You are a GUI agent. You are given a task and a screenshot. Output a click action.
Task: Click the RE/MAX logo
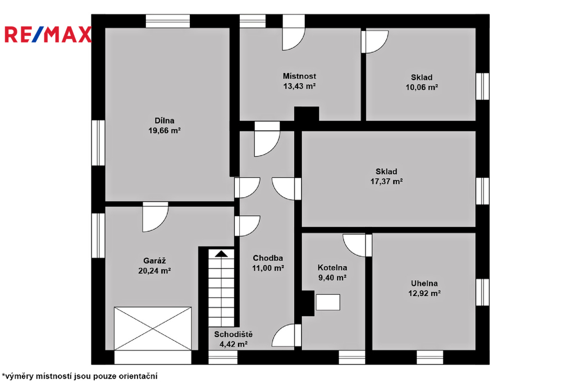(48, 34)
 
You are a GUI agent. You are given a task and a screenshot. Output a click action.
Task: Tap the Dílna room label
(165, 121)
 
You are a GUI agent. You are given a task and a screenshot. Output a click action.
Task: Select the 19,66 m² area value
(165, 131)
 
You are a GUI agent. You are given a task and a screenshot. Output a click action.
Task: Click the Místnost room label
(299, 76)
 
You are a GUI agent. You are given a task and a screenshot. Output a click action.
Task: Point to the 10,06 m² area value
(422, 87)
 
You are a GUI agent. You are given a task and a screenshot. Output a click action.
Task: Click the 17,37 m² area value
(386, 181)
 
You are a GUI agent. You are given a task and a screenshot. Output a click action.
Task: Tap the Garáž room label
(154, 261)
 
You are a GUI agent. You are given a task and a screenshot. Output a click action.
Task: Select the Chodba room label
(268, 258)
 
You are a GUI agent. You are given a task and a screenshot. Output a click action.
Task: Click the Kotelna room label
(332, 268)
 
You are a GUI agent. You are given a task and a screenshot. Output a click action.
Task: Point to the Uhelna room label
(425, 284)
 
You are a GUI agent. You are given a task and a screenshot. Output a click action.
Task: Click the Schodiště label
(233, 335)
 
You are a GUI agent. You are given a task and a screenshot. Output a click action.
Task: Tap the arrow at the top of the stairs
(221, 253)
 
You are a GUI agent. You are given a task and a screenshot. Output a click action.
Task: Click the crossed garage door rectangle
(153, 329)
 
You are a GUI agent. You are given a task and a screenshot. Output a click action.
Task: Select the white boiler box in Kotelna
(328, 302)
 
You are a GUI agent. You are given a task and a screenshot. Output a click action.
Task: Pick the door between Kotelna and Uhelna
(358, 245)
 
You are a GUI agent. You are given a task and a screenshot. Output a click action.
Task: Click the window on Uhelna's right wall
(482, 293)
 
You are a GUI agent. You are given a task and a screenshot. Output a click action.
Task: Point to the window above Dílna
(168, 21)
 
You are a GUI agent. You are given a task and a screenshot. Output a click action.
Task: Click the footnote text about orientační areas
(80, 376)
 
